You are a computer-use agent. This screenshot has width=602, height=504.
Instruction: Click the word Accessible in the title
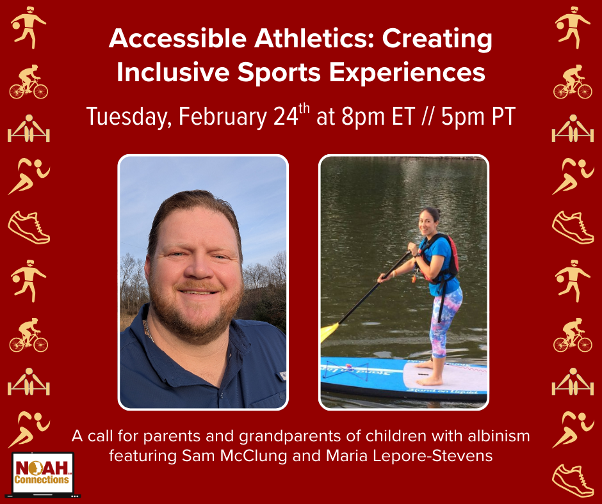[178, 38]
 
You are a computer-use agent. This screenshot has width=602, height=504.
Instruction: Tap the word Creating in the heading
[437, 40]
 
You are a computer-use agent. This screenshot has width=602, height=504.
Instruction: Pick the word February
[223, 116]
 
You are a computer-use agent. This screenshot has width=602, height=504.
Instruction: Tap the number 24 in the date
[286, 116]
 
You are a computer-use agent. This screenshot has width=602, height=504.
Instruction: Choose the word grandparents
[291, 437]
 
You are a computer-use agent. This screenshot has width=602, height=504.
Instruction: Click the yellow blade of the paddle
[329, 332]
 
